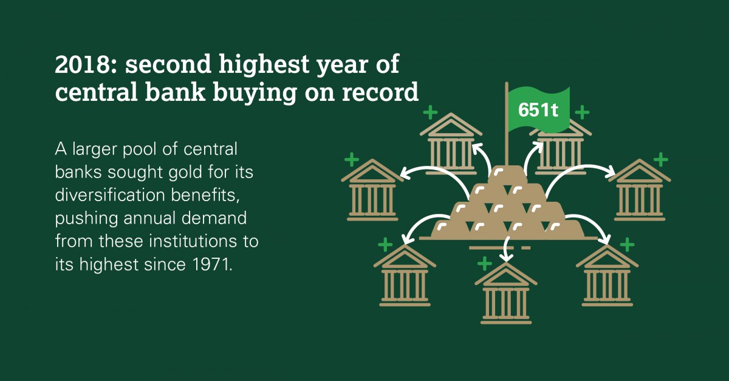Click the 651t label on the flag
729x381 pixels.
coord(538,110)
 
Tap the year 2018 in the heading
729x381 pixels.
coord(83,64)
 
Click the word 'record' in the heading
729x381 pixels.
coord(380,92)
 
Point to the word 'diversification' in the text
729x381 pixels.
coord(111,195)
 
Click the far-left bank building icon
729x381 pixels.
coord(372,190)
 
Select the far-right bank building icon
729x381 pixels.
coord(640,190)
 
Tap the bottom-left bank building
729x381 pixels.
coord(405,275)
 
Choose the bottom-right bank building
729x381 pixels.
coord(607,275)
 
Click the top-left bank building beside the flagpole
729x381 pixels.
coord(451,144)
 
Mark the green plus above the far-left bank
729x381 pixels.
coord(352,160)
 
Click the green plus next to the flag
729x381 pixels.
coord(582,112)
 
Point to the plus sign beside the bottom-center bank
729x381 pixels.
coord(485,264)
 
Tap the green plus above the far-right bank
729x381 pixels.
coord(661,160)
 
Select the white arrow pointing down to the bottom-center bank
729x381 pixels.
coord(505,249)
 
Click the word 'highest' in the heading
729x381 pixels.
coord(264,64)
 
